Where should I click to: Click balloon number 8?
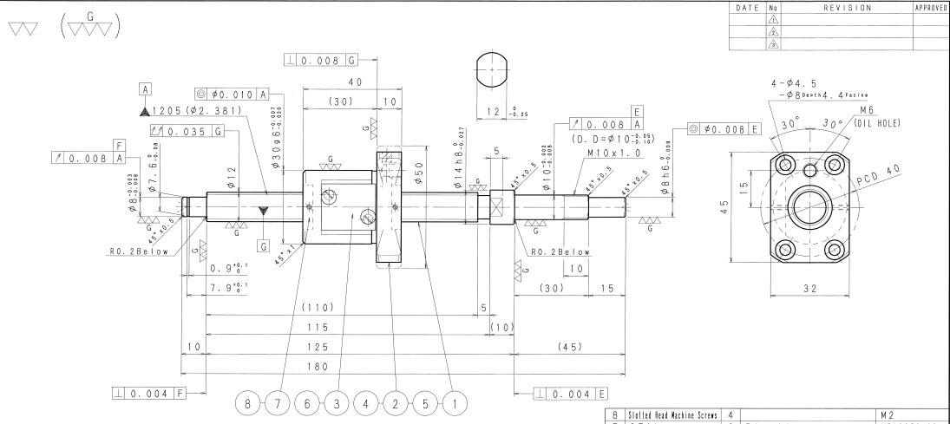pyautogui.click(x=249, y=403)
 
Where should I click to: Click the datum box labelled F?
pyautogui.click(x=119, y=146)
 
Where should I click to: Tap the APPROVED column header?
pyautogui.click(x=931, y=8)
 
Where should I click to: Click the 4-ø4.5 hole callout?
pyautogui.click(x=799, y=83)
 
